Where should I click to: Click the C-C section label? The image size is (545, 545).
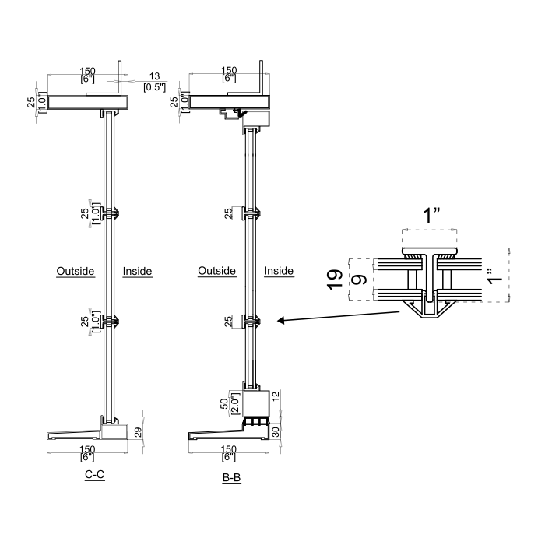tap(94, 474)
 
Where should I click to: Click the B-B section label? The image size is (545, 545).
tap(231, 477)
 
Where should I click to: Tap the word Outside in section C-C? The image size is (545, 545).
tap(76, 271)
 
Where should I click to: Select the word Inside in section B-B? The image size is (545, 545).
tap(279, 271)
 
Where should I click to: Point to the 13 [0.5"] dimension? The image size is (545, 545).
tap(155, 82)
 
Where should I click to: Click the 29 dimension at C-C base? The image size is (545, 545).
tap(138, 432)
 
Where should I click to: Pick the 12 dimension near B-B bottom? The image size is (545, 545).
tap(276, 396)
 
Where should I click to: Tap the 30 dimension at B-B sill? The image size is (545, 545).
tap(276, 432)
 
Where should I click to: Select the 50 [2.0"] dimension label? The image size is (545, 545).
tap(230, 403)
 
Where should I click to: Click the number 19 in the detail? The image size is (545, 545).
tap(335, 279)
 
